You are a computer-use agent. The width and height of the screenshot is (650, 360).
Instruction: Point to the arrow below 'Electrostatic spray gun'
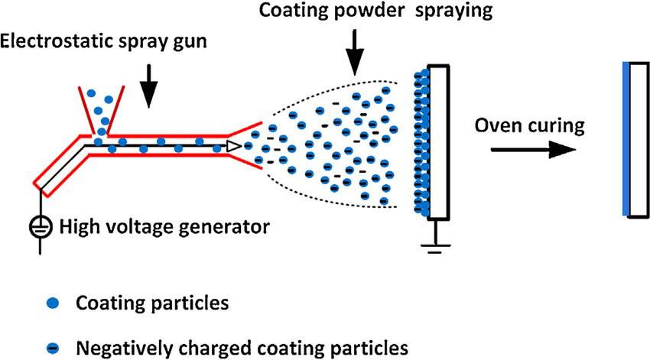(x=150, y=86)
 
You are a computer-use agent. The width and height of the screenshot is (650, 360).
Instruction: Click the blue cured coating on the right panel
(x=626, y=142)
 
